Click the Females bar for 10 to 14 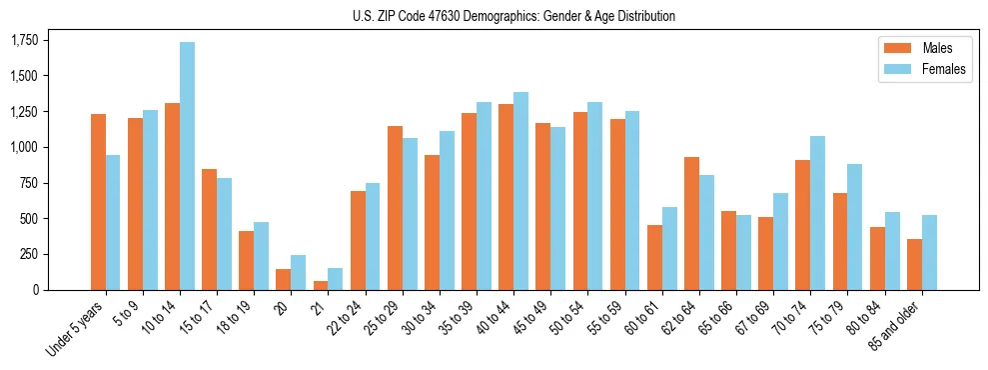point(188,166)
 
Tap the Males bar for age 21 point(321,285)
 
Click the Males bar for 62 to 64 point(691,223)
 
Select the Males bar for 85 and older point(914,264)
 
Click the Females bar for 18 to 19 point(262,256)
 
